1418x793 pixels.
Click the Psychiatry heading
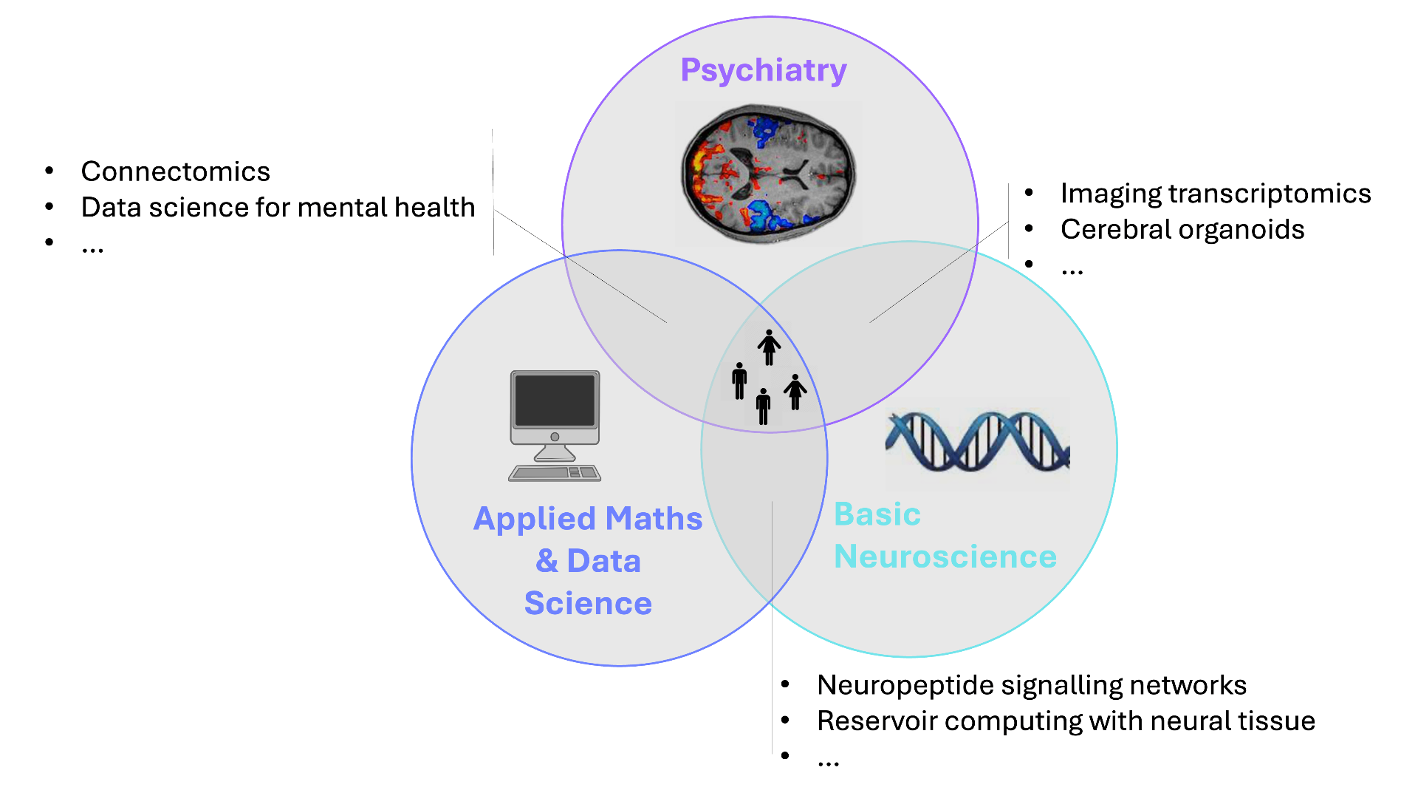tap(763, 70)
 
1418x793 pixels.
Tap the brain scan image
tap(768, 174)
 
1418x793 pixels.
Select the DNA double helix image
tap(977, 443)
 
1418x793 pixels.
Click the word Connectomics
tap(175, 171)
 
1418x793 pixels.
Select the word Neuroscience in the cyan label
tap(945, 557)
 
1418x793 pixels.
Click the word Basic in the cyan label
tap(877, 514)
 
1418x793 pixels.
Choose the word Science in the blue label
tap(588, 603)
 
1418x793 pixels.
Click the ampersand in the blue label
tap(547, 561)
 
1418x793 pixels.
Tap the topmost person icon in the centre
tap(769, 347)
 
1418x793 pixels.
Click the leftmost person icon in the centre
tap(739, 381)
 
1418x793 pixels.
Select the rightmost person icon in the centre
tap(795, 392)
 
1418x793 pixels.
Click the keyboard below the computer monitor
tap(555, 473)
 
